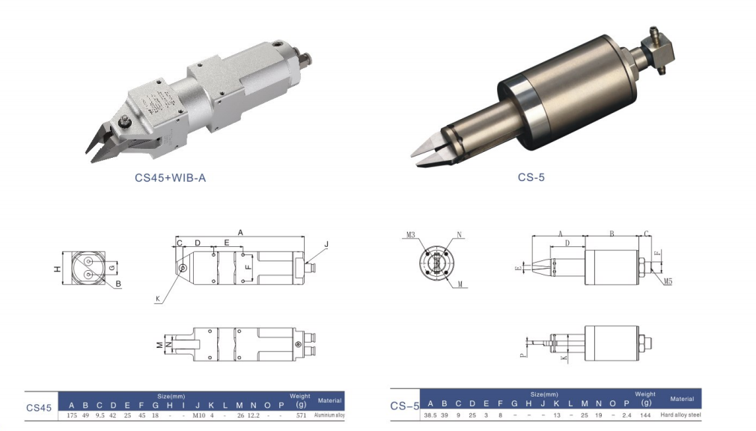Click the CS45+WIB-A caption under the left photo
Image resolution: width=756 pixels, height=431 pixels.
[170, 178]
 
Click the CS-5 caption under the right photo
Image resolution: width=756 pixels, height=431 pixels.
[531, 178]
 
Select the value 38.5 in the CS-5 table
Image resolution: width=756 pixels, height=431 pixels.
[430, 415]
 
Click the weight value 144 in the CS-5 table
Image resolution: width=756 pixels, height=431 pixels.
[645, 415]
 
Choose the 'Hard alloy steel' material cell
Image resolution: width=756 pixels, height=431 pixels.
[682, 415]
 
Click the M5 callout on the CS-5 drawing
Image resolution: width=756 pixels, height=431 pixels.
[668, 282]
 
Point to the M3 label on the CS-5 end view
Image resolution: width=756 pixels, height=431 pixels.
[410, 235]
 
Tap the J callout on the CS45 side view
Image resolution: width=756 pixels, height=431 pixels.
[326, 245]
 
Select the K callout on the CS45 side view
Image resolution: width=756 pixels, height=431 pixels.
[158, 299]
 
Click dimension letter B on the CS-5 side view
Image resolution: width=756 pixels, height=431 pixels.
[611, 234]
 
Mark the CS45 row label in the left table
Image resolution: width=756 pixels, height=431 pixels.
[39, 408]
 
